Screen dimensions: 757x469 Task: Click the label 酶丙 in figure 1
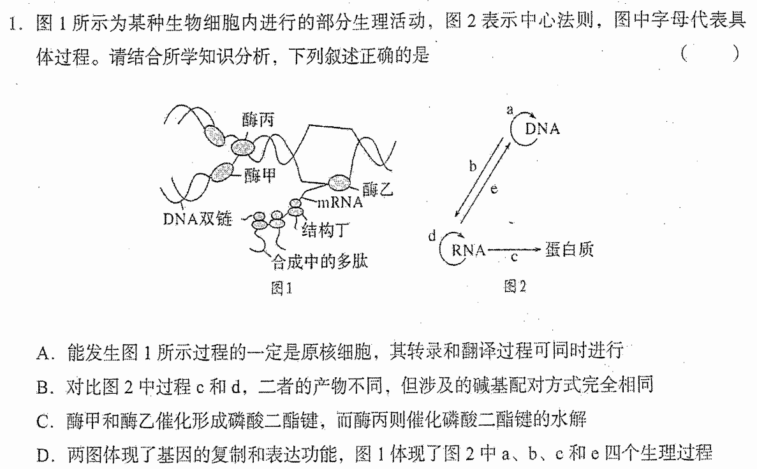point(258,119)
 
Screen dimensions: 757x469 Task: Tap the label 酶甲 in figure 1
point(260,175)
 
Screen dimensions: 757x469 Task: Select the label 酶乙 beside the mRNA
point(378,189)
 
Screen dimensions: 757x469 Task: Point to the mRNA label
point(339,202)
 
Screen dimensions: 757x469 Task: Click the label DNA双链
point(198,219)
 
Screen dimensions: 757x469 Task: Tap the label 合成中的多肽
point(320,261)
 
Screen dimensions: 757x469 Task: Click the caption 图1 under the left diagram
point(281,288)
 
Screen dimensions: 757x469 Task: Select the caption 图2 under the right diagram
point(515,287)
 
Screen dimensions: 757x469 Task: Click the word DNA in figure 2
point(543,129)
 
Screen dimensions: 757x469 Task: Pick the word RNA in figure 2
point(468,250)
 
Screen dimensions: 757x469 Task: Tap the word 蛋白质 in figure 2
point(570,249)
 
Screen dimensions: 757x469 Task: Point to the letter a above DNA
point(510,110)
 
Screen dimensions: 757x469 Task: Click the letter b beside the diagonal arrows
point(473,166)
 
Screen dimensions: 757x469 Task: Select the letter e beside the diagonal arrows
point(494,189)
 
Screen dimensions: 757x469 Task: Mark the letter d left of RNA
point(432,236)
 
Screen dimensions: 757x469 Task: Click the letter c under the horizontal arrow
point(514,257)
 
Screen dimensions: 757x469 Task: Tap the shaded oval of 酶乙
point(340,184)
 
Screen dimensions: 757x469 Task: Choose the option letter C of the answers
point(43,422)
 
